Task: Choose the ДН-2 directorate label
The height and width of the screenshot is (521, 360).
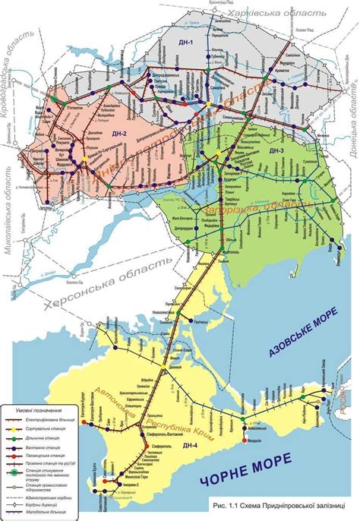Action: (x=118, y=133)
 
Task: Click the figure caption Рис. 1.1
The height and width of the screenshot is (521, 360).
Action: (x=276, y=505)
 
